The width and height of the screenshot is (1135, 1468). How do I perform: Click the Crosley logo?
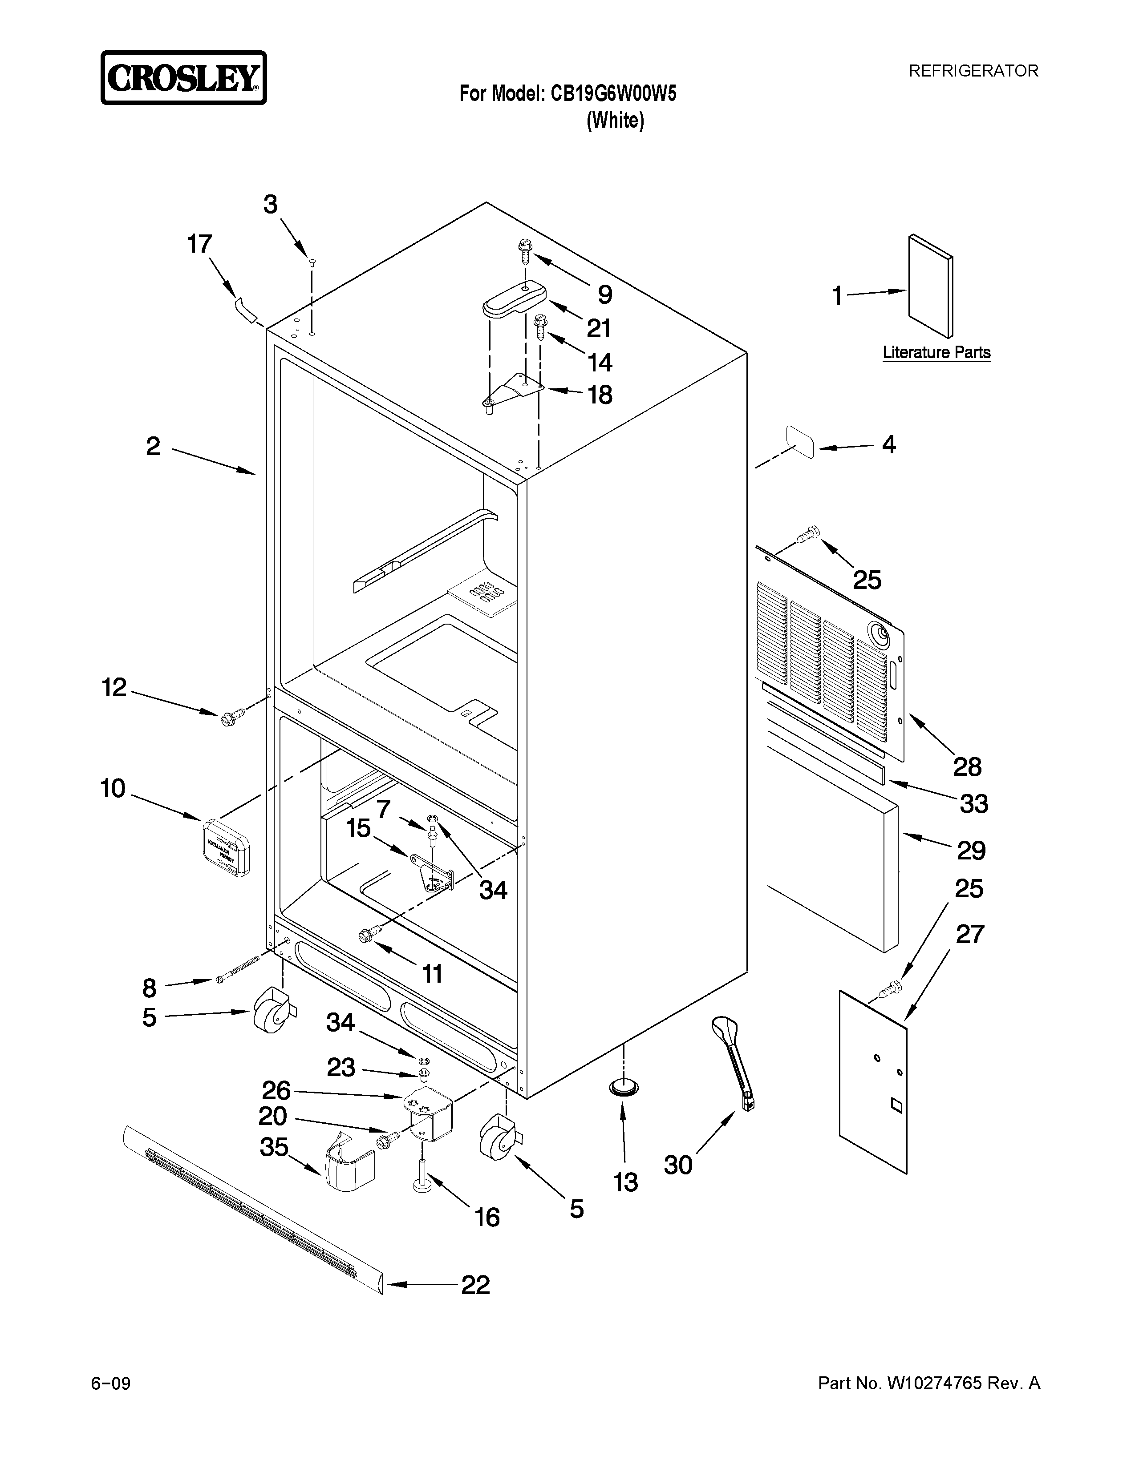pyautogui.click(x=183, y=78)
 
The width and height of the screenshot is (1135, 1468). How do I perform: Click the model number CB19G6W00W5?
pyautogui.click(x=613, y=93)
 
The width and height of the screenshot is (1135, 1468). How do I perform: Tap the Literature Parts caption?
pyautogui.click(x=936, y=352)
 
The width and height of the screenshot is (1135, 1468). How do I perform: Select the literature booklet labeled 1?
pyautogui.click(x=930, y=286)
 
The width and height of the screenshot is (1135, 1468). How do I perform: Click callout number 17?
pyautogui.click(x=199, y=244)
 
